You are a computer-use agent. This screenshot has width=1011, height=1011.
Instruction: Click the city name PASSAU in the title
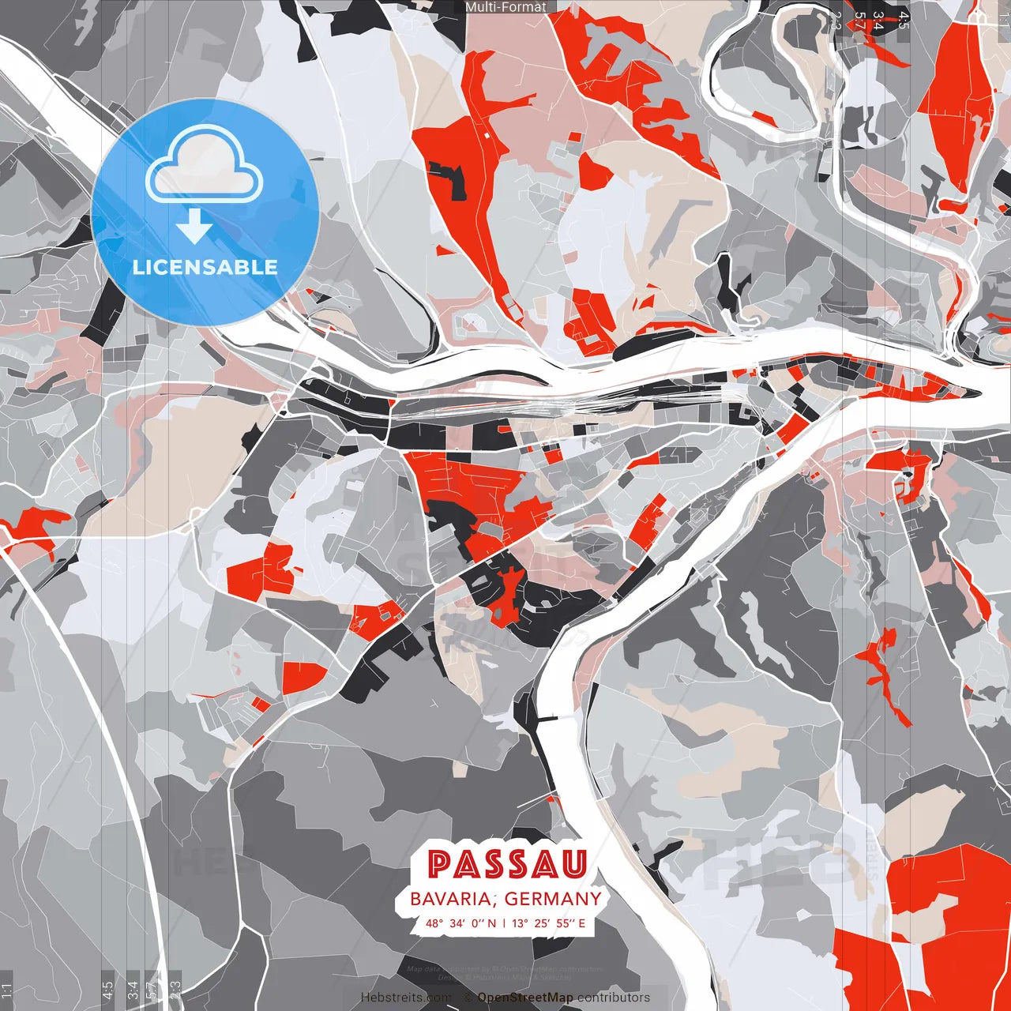(x=508, y=864)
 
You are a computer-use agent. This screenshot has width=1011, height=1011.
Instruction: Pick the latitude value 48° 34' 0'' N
(x=461, y=923)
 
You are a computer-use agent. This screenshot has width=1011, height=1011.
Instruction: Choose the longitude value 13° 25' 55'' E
(x=549, y=923)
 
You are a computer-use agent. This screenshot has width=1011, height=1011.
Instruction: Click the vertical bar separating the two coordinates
(x=504, y=923)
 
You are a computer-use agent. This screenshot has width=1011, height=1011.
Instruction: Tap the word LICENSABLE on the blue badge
(x=205, y=267)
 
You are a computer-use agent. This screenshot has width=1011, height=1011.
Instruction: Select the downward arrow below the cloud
(x=194, y=229)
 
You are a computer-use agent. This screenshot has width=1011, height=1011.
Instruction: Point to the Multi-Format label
(x=505, y=7)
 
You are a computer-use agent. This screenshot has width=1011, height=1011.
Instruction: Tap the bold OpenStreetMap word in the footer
(x=525, y=998)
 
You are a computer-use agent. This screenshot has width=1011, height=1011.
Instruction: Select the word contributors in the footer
(x=614, y=998)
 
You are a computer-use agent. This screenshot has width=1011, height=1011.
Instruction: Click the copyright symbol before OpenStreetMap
(x=468, y=998)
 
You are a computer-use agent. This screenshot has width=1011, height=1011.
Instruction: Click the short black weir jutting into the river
(x=548, y=719)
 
